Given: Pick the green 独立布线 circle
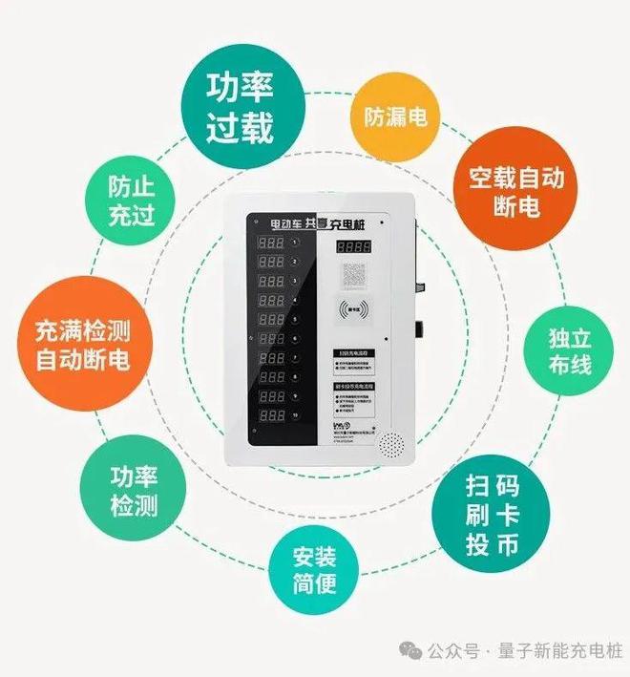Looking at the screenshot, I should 569,351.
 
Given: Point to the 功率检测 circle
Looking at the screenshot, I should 133,492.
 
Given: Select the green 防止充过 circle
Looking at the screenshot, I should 131,199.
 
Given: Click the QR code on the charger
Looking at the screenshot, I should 354,278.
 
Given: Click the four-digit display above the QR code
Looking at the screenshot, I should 354,247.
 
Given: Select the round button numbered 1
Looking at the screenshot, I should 295,243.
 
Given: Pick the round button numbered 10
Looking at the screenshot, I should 295,415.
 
